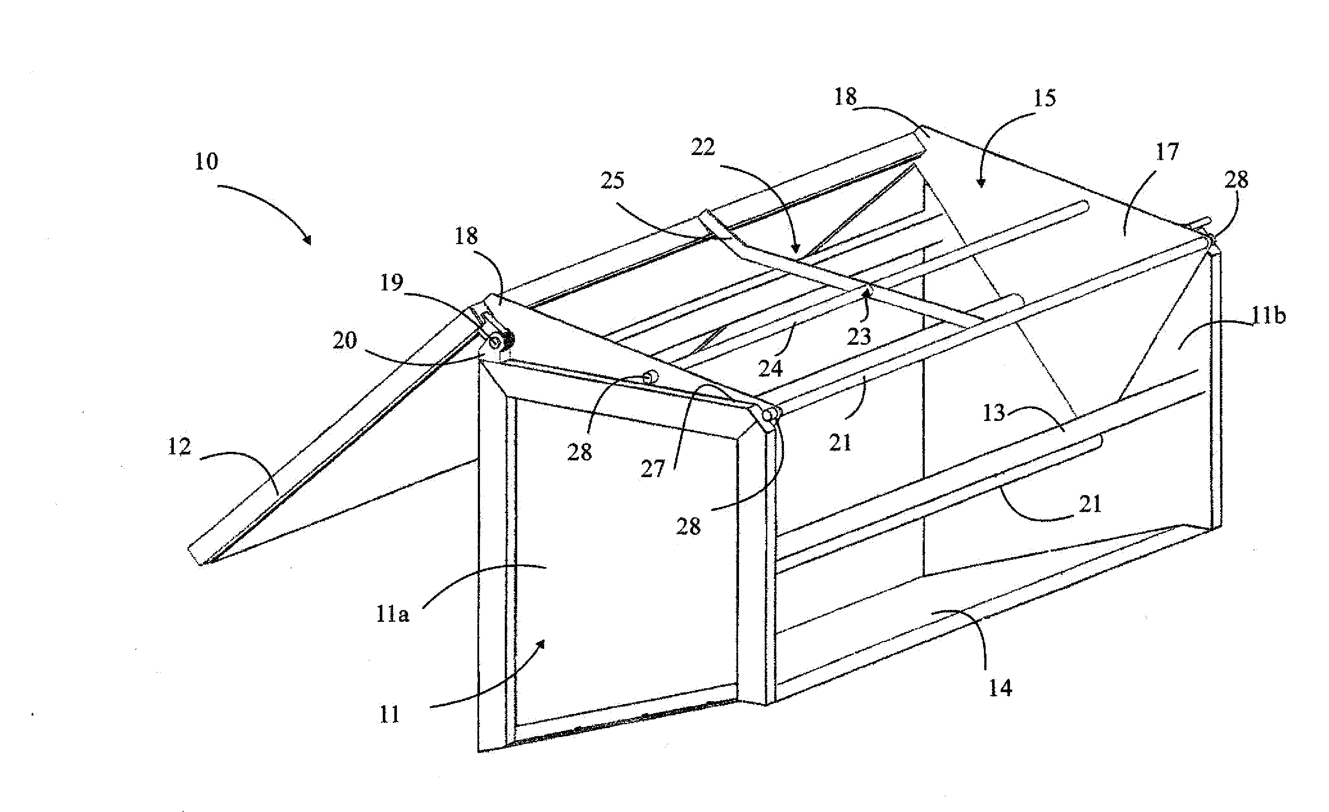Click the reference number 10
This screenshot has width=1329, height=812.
(206, 161)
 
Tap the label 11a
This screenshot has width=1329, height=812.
(393, 615)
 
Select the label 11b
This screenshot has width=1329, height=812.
(1269, 315)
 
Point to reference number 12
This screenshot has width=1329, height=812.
(179, 447)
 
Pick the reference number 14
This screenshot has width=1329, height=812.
(1000, 687)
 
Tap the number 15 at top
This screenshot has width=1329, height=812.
(1044, 98)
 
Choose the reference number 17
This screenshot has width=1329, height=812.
(1167, 152)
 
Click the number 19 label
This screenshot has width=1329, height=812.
(392, 282)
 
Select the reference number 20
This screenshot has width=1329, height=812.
(345, 340)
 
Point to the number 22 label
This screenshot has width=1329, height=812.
(703, 147)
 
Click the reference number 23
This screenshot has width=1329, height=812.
(859, 336)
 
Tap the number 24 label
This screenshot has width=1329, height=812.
(770, 368)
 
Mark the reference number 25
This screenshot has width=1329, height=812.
(613, 180)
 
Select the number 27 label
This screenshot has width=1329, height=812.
(653, 469)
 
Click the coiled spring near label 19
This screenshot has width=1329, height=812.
(507, 340)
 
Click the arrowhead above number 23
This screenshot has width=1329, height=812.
(868, 293)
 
